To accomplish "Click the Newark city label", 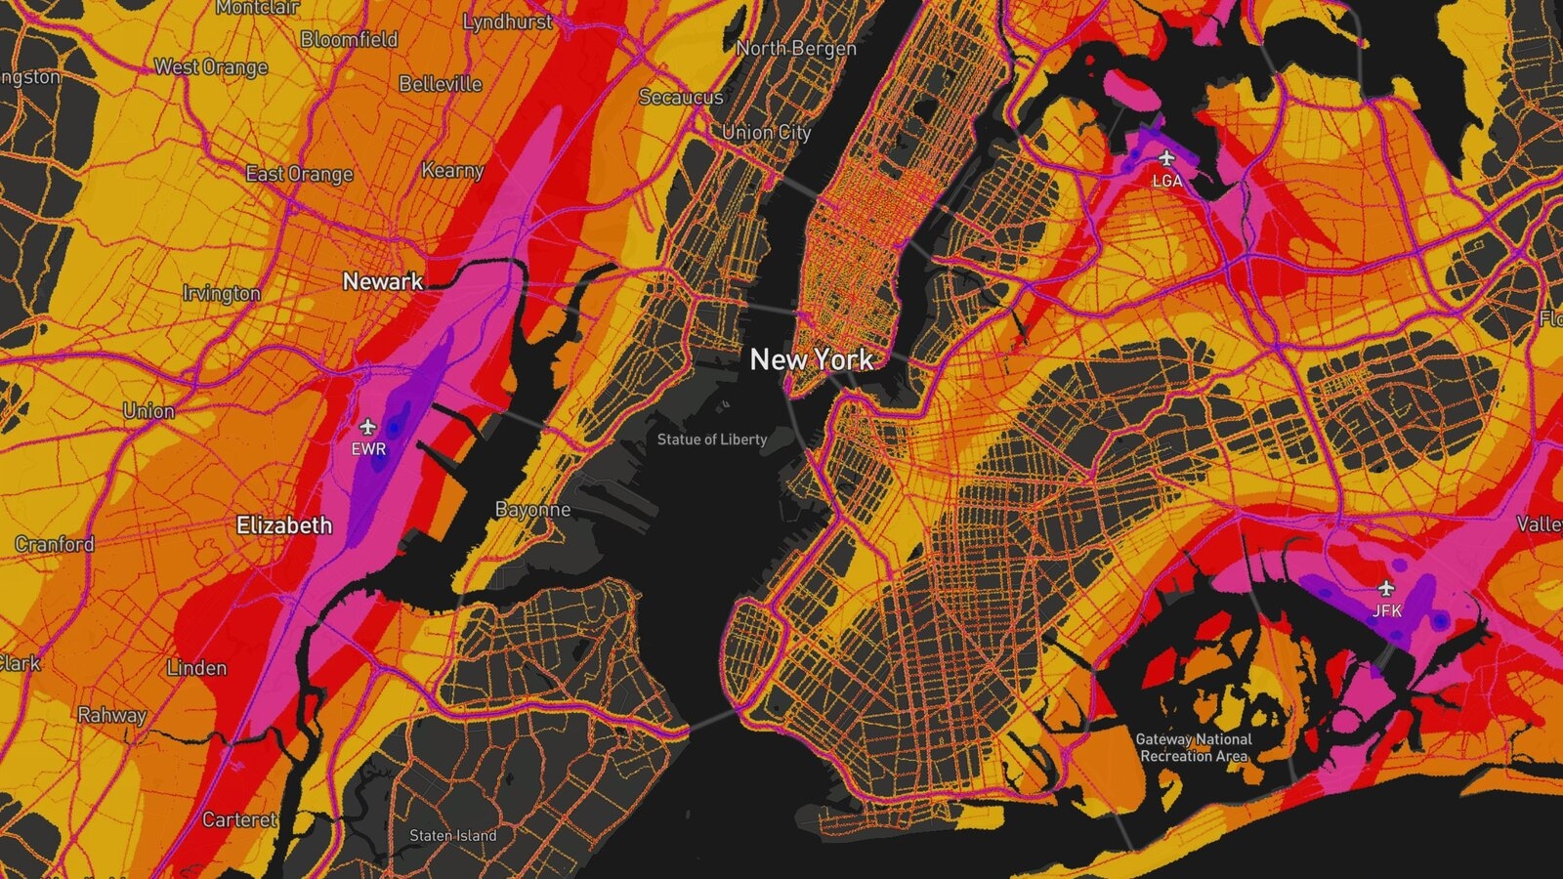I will (x=383, y=281).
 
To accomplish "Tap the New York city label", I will (x=812, y=359).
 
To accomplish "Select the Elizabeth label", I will (x=284, y=525).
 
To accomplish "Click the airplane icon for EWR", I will (x=367, y=427).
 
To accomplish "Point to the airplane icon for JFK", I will (x=1385, y=588).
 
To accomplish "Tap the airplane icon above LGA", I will (x=1165, y=158).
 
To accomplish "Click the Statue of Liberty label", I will (x=712, y=439).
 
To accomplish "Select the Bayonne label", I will (x=532, y=510).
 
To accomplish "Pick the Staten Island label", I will (x=453, y=836).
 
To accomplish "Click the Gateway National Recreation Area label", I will (x=1194, y=748).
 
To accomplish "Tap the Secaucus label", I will (x=681, y=97).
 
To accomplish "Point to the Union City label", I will (x=766, y=132).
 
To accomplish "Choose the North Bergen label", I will (x=796, y=48).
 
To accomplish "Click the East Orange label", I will (x=299, y=174).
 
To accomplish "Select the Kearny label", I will (x=452, y=170).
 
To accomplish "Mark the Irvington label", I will (x=222, y=293).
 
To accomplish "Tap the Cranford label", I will (x=55, y=544).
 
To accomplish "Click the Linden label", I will (x=196, y=668).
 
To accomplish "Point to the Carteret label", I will (x=239, y=819).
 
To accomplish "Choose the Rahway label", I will (x=111, y=715).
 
